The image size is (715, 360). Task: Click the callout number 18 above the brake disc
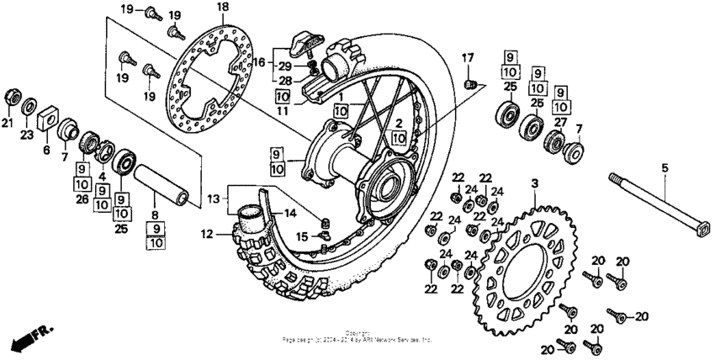tap(222, 8)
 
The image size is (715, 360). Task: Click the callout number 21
tap(8, 124)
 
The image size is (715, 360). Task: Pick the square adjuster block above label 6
tap(47, 110)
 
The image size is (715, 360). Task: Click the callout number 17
tap(469, 57)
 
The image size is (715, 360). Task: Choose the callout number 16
tap(259, 62)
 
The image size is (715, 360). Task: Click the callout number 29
tap(286, 66)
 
